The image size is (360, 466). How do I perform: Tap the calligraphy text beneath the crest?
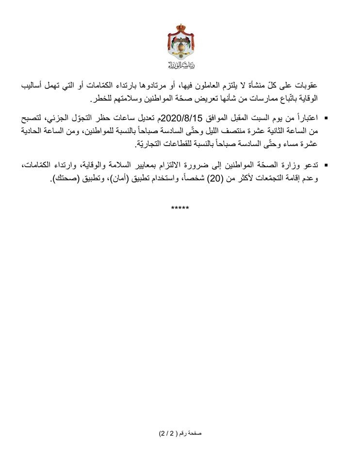click(180, 66)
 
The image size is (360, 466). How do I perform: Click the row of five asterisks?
click(180, 208)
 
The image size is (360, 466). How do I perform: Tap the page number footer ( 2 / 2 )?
click(180, 433)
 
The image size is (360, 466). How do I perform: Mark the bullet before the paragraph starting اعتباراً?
click(326, 118)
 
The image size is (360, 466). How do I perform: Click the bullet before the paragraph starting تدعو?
click(326, 166)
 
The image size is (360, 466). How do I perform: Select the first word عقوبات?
click(309, 87)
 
